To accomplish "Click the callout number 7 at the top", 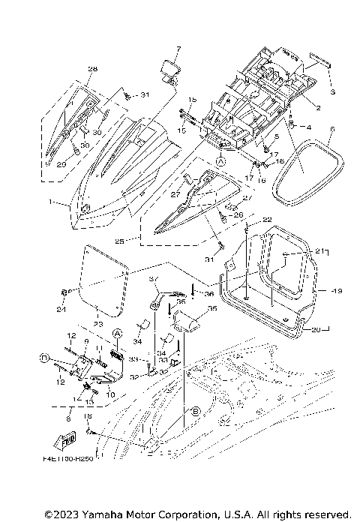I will pos(178,49).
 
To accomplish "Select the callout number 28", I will pos(92,69).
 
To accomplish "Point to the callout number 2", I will pos(318,108).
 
